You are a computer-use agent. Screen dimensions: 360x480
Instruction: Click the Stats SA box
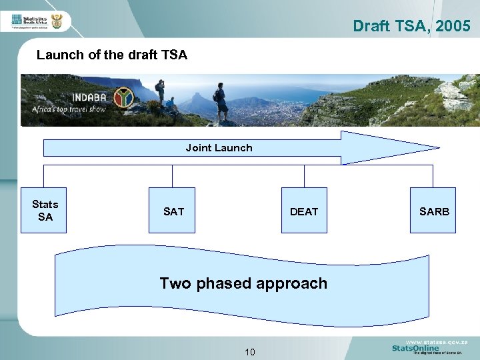(44, 211)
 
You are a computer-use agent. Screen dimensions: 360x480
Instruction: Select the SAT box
(173, 211)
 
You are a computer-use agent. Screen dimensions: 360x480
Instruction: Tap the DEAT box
(304, 211)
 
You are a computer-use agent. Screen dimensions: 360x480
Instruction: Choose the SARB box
(433, 211)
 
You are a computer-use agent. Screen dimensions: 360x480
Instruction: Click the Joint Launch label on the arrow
(219, 148)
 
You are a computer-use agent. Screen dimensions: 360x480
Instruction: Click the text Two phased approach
(243, 283)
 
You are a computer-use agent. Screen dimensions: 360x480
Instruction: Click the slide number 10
(249, 351)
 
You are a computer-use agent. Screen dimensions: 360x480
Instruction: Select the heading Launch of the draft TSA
(112, 55)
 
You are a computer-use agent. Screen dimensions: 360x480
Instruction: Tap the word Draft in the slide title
(368, 26)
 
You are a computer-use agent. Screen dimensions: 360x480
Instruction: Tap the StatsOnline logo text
(415, 348)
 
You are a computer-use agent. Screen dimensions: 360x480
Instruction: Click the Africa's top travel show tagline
(69, 109)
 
